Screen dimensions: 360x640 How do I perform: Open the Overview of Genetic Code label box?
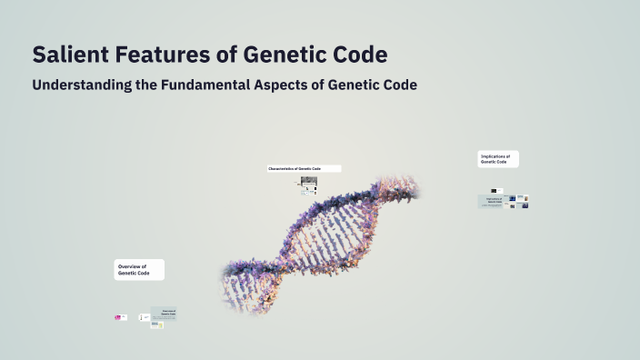(139, 270)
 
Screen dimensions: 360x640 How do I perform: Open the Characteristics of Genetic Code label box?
(304, 168)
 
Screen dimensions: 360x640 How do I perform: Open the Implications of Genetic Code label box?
(498, 159)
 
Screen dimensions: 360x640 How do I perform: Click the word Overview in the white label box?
(132, 266)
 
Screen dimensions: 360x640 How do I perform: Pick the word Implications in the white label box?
(495, 156)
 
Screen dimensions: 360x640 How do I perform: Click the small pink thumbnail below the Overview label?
(118, 317)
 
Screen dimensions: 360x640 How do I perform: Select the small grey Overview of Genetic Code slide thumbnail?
(165, 314)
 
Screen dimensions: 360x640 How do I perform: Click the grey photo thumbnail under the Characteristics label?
(309, 181)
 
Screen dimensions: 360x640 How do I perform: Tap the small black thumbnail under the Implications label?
(500, 190)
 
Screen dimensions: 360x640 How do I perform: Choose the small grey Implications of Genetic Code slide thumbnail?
(493, 201)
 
